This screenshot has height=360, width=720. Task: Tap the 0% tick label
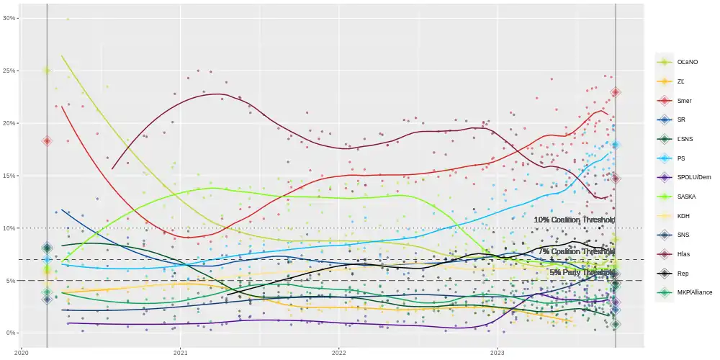tap(12, 333)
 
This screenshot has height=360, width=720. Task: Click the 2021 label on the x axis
tap(181, 353)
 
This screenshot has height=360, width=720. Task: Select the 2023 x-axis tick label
tap(498, 353)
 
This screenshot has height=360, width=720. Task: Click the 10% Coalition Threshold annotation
tap(574, 220)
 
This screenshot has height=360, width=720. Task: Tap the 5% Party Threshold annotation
tap(582, 273)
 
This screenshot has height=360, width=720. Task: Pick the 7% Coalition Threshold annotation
tap(576, 251)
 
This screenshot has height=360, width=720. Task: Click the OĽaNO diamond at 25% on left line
tap(47, 71)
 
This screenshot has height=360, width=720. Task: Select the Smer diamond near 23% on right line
tap(616, 92)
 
